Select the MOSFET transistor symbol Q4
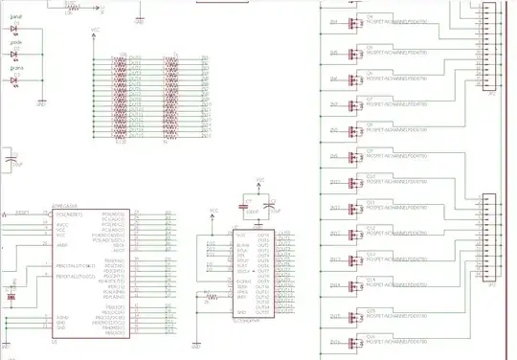pos(356,24)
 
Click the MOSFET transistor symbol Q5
pos(356,50)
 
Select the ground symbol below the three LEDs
pos(41,101)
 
